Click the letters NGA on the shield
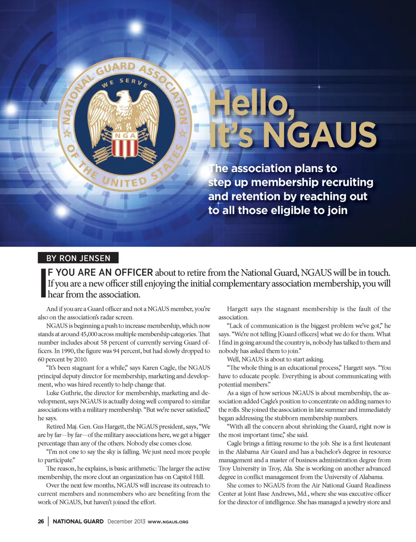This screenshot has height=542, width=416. tap(125, 136)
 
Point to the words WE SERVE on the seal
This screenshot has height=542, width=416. tap(125, 82)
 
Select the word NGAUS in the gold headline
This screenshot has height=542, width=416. tap(320, 135)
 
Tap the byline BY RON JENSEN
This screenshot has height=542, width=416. tap(78, 258)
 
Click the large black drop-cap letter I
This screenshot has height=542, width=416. tap(43, 283)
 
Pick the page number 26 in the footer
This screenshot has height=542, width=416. tap(41, 521)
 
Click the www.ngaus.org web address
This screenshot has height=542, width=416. tap(168, 522)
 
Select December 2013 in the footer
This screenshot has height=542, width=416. tap(126, 521)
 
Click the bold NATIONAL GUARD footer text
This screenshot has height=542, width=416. tap(78, 521)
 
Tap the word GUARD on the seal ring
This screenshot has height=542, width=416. tap(116, 69)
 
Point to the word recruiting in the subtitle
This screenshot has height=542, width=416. tap(343, 182)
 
